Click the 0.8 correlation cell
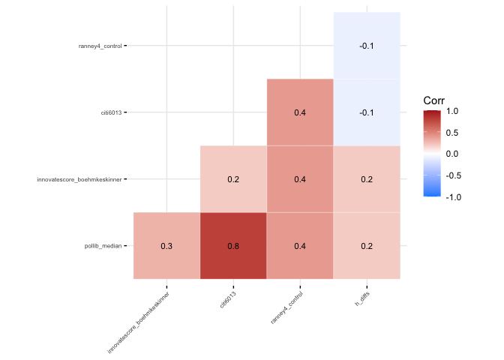pos(232,246)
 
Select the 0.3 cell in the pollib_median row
pos(166,246)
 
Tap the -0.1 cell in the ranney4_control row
pos(367,46)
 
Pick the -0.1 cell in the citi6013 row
pos(367,112)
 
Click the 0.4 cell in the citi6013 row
pos(300,112)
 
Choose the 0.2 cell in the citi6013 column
pos(232,179)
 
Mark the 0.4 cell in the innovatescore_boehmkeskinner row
pos(300,179)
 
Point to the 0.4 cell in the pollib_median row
pos(300,246)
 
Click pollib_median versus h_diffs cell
pos(367,246)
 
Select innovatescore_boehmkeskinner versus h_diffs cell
pos(367,179)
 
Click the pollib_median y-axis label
pos(103,246)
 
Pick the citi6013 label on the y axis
pos(111,112)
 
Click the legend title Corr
pos(434,100)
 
